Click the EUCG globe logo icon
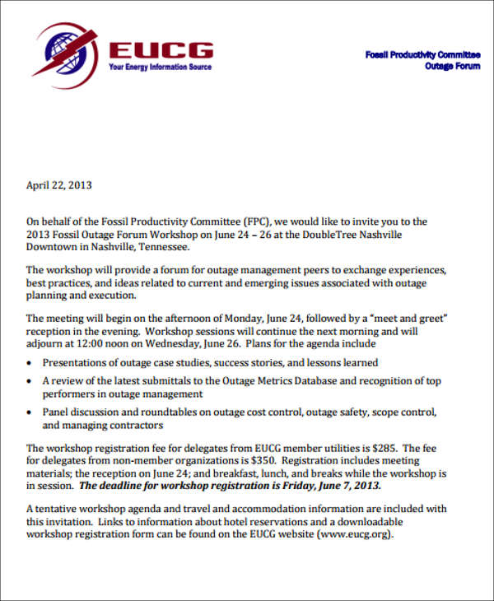click(x=64, y=49)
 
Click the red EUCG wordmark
click(x=161, y=49)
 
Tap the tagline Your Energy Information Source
click(x=160, y=68)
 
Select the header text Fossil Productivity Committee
click(x=422, y=54)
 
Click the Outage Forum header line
click(x=452, y=66)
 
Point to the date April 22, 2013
click(x=59, y=184)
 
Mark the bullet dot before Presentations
click(x=30, y=363)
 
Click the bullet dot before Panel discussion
click(x=30, y=412)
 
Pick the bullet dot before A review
click(x=30, y=382)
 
